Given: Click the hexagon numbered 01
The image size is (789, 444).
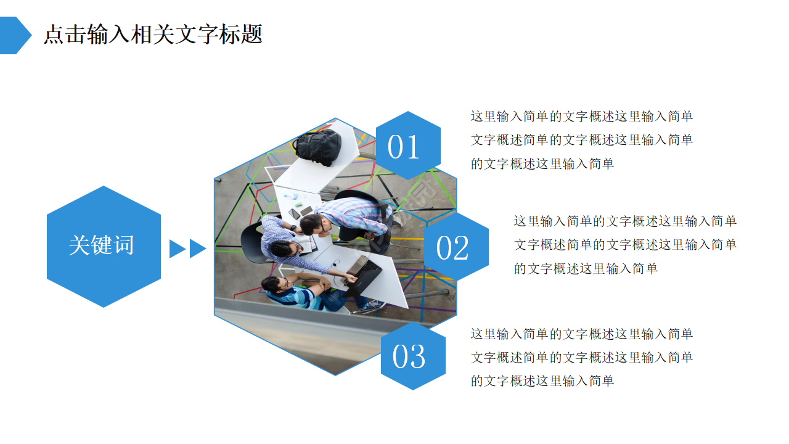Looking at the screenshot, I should pyautogui.click(x=407, y=146).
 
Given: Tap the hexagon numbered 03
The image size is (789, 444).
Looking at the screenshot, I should pyautogui.click(x=412, y=356).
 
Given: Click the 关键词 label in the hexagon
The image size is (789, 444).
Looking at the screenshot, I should pyautogui.click(x=102, y=245).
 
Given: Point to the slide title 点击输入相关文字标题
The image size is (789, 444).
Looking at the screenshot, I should pyautogui.click(x=153, y=35).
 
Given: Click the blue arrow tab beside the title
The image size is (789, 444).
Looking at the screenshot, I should pyautogui.click(x=14, y=35).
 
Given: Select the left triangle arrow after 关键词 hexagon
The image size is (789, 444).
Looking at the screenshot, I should pyautogui.click(x=177, y=249).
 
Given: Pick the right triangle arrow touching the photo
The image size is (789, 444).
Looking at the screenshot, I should pyautogui.click(x=197, y=249).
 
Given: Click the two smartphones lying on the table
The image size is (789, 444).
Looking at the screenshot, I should pyautogui.click(x=300, y=212).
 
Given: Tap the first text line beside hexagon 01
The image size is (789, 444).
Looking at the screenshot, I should pyautogui.click(x=582, y=117).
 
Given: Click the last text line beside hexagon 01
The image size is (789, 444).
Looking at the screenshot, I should pyautogui.click(x=542, y=163).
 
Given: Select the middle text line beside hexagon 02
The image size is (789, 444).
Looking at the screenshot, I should pyautogui.click(x=625, y=245).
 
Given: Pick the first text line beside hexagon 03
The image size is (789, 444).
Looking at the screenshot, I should pyautogui.click(x=582, y=334).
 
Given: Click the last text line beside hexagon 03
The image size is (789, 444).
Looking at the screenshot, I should pyautogui.click(x=542, y=381).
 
